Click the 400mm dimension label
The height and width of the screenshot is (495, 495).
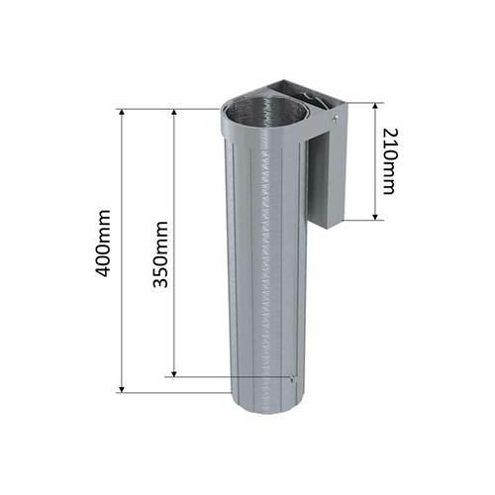pyautogui.click(x=103, y=243)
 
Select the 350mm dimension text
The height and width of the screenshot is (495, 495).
pyautogui.click(x=161, y=254)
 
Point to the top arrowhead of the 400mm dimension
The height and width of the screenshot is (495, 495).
pyautogui.click(x=122, y=112)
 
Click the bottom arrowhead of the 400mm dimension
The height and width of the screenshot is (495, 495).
pyautogui.click(x=122, y=389)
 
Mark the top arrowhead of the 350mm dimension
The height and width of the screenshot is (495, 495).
pyautogui.click(x=174, y=112)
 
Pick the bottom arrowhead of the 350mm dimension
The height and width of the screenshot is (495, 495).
pyautogui.click(x=174, y=373)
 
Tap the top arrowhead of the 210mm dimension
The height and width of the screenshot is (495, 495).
pyautogui.click(x=375, y=106)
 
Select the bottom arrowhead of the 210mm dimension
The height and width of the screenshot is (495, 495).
pyautogui.click(x=375, y=217)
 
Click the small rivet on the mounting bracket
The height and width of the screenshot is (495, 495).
pyautogui.click(x=336, y=119)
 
